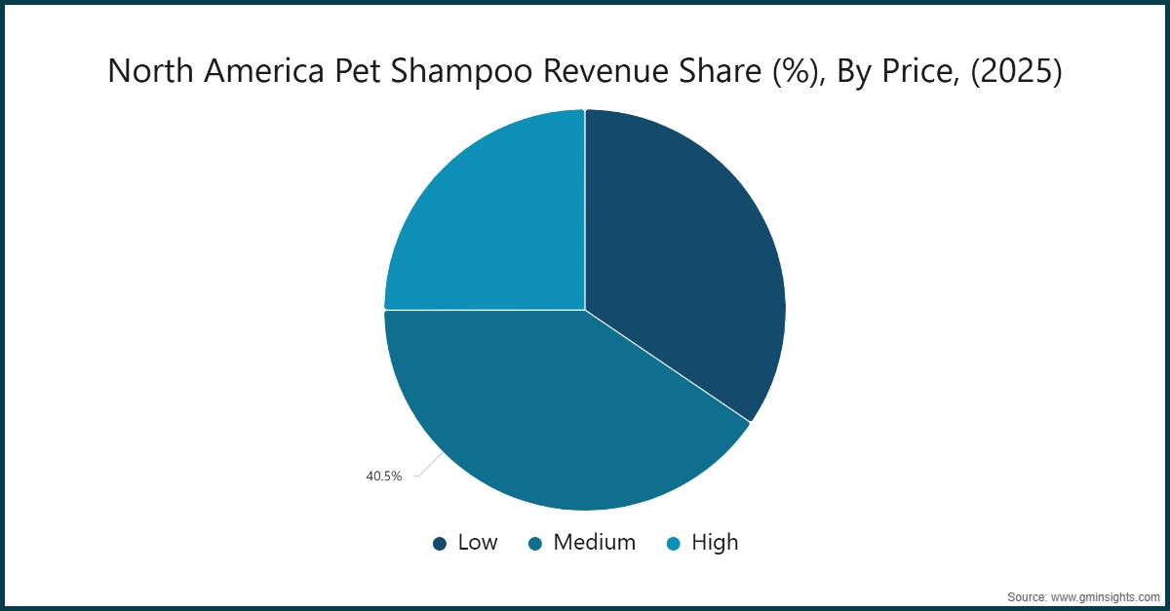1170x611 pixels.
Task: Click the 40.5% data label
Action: pyautogui.click(x=383, y=477)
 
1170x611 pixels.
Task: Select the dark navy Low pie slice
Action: pyautogui.click(x=682, y=263)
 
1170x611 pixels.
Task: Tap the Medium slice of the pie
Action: pyautogui.click(x=546, y=419)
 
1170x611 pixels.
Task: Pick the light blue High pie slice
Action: pyautogui.click(x=487, y=214)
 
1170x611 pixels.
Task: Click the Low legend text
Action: pyautogui.click(x=478, y=543)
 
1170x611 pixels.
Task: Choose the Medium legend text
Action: pyautogui.click(x=594, y=543)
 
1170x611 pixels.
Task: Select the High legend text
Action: pyautogui.click(x=715, y=543)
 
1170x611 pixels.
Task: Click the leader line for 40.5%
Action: pyautogui.click(x=424, y=468)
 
